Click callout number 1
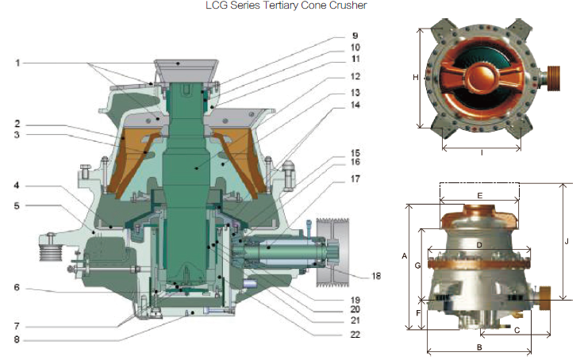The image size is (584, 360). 17,63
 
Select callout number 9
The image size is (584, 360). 355,36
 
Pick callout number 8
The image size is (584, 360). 17,340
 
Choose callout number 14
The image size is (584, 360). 355,105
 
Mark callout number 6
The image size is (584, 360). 17,288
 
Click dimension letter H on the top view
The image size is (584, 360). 415,78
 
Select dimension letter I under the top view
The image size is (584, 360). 481,152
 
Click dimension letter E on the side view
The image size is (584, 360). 479,195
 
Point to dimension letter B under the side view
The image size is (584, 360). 479,347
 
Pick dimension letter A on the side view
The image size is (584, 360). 404,256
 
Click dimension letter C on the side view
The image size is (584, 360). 517,329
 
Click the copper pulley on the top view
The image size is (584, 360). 551,77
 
